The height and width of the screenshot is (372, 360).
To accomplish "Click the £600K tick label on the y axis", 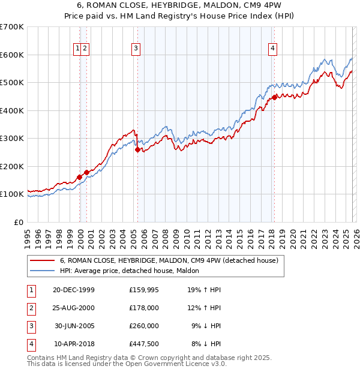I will [x=11, y=55].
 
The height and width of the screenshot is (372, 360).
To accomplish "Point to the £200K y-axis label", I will [x=11, y=166].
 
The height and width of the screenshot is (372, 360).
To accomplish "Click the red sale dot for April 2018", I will [x=274, y=97].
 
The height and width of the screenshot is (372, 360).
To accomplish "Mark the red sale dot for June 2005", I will [x=138, y=150].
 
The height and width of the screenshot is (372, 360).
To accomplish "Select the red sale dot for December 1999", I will [x=80, y=178].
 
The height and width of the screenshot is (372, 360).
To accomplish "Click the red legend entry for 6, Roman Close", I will [x=169, y=261].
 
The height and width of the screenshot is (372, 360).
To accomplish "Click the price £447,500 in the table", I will [x=144, y=344].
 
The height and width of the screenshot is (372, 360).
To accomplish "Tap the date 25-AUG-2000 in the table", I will [x=74, y=308].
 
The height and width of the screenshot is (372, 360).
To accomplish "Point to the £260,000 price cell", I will [x=144, y=326].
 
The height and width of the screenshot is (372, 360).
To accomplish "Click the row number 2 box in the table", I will [x=31, y=308].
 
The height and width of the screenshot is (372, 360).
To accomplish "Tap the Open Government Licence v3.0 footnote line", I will [x=127, y=364].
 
